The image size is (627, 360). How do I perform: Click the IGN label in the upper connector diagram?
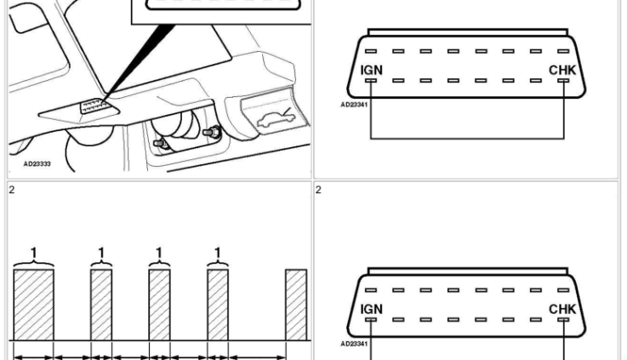click(372, 70)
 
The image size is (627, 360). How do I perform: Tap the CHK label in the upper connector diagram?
click(562, 70)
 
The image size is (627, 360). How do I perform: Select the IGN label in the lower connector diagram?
click(372, 309)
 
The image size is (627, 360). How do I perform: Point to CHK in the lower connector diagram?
click(562, 309)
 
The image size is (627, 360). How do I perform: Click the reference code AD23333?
click(37, 164)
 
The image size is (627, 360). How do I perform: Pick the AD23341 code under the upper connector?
click(354, 105)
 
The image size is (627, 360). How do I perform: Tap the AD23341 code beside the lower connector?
click(354, 344)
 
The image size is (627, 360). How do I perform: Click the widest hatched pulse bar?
click(33, 305)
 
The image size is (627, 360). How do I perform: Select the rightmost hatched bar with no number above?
click(296, 305)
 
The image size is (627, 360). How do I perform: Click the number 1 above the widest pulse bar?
click(34, 254)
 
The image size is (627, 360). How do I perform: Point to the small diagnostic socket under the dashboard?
click(94, 106)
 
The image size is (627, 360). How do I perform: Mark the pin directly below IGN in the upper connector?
click(371, 80)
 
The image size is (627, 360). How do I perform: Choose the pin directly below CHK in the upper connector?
click(563, 80)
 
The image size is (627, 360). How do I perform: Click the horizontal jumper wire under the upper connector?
click(467, 139)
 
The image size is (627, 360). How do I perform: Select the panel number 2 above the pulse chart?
click(12, 190)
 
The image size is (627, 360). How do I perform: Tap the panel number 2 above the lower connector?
click(318, 190)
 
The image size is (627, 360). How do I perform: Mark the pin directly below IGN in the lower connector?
click(371, 320)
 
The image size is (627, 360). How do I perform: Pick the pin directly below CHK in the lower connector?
click(563, 320)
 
